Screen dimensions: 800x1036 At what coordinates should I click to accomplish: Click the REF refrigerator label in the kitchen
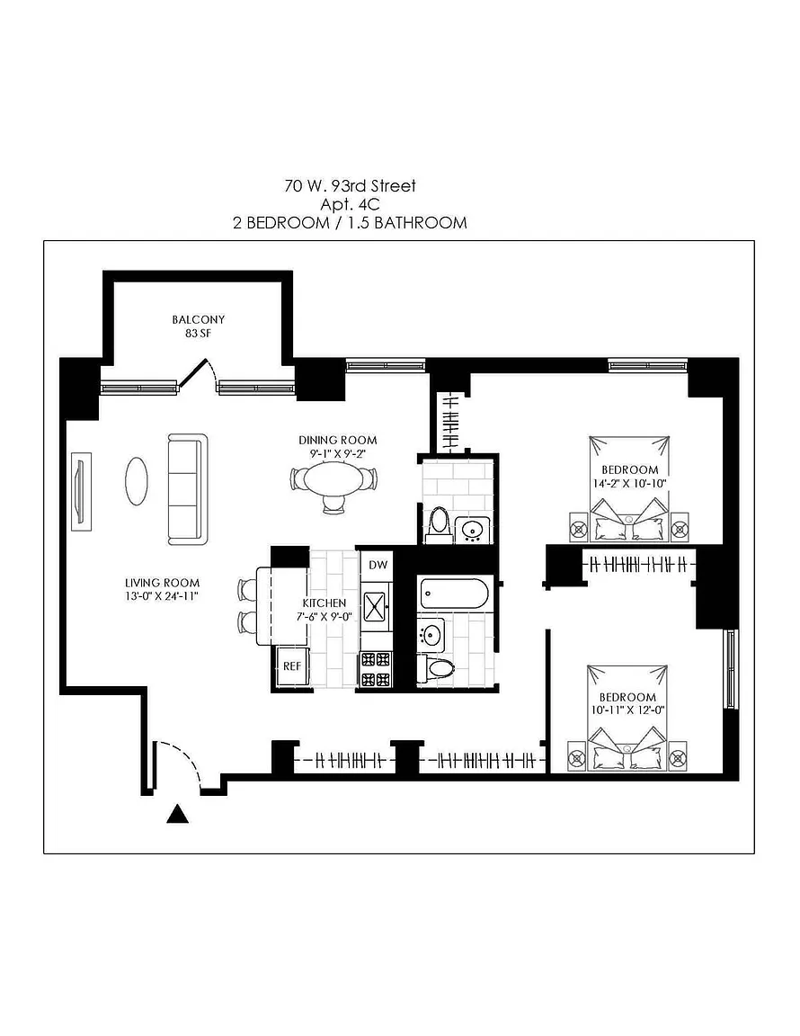coord(292,666)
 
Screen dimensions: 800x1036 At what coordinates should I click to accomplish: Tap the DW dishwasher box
coord(378,565)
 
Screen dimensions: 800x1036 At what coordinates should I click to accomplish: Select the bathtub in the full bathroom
coord(455,594)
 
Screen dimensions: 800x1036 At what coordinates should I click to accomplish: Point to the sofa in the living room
coord(188,489)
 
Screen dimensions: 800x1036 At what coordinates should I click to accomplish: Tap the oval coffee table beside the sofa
coord(137,481)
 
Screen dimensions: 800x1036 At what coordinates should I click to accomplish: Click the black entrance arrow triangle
coord(177,814)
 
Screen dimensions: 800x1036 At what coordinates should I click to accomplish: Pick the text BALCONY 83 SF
coord(198,326)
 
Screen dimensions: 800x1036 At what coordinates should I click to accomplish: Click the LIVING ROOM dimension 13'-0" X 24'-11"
coord(162,596)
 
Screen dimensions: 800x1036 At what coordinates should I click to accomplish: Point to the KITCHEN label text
coord(324,603)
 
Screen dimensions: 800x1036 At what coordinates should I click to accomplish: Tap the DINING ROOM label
coord(338,440)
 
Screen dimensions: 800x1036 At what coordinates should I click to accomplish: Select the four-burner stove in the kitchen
coord(376,670)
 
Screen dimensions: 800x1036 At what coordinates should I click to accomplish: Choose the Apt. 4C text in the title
coord(350,204)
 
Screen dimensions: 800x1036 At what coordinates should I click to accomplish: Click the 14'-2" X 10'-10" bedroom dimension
coord(629,483)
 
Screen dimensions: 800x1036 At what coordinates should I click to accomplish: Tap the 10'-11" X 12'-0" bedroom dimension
coord(627,710)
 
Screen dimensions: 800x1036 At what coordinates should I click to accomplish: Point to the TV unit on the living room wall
coord(81,491)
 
